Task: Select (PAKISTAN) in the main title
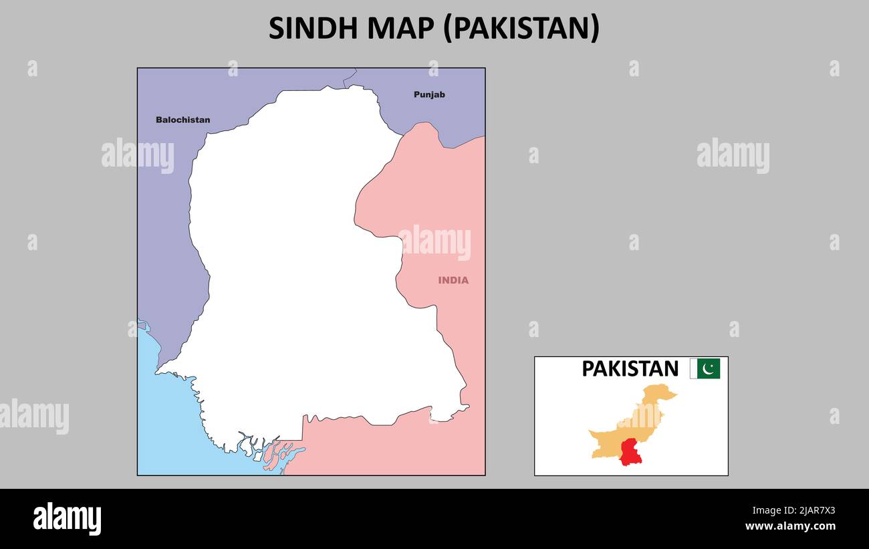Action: point(522,28)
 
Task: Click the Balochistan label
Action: point(182,120)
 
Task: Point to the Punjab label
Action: point(429,94)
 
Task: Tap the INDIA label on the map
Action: point(453,280)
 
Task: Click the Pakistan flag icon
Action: point(705,368)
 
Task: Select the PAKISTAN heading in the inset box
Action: point(630,368)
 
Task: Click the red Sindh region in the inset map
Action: point(630,452)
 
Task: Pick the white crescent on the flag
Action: point(708,368)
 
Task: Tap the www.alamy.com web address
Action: point(790,526)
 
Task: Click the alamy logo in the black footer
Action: point(68,518)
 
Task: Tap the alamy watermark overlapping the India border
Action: point(434,242)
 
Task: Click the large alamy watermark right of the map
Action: point(733,156)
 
